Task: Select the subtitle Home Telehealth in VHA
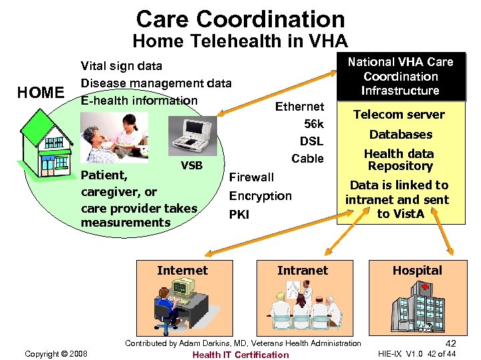coord(240,41)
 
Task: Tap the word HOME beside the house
coord(41,93)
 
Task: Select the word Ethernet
coord(299,107)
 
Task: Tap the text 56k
coord(313,124)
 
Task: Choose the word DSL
coord(311,141)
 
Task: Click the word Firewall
coord(251,177)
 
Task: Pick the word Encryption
coord(260,196)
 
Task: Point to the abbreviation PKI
coord(239,215)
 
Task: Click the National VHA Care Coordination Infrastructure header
coord(400,76)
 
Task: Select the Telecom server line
coord(399,115)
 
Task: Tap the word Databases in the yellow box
coord(400,135)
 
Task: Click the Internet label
coord(182,271)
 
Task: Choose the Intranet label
coord(303,271)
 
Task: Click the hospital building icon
coord(417,307)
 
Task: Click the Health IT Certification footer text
coord(240,355)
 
